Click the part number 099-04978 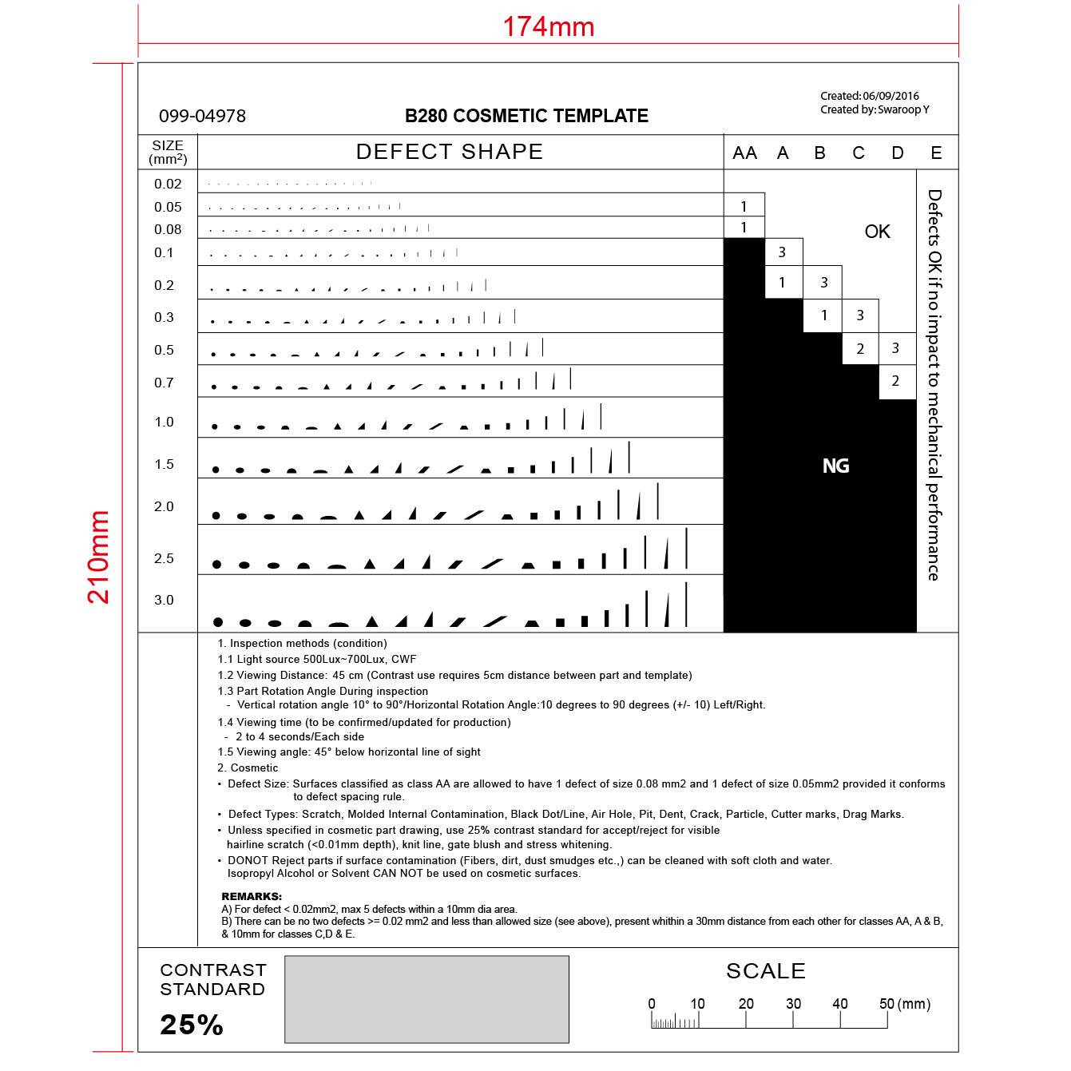coord(202,117)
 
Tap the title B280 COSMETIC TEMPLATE coord(526,117)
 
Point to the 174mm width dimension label coord(548,27)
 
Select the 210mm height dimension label coord(99,557)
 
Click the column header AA coord(744,153)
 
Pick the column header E coord(936,153)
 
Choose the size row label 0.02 coord(168,184)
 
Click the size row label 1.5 coord(164,464)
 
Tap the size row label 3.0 coord(164,600)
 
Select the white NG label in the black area coord(835,466)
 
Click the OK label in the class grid coord(877,232)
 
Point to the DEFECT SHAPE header coord(450,152)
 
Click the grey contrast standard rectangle coord(426,999)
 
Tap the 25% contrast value coord(192,1025)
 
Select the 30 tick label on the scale coord(793,1004)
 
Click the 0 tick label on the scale coord(652,1004)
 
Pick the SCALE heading coord(765,971)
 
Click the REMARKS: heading coord(252,897)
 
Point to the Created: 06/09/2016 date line coord(869,96)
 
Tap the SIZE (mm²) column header coord(168,152)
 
